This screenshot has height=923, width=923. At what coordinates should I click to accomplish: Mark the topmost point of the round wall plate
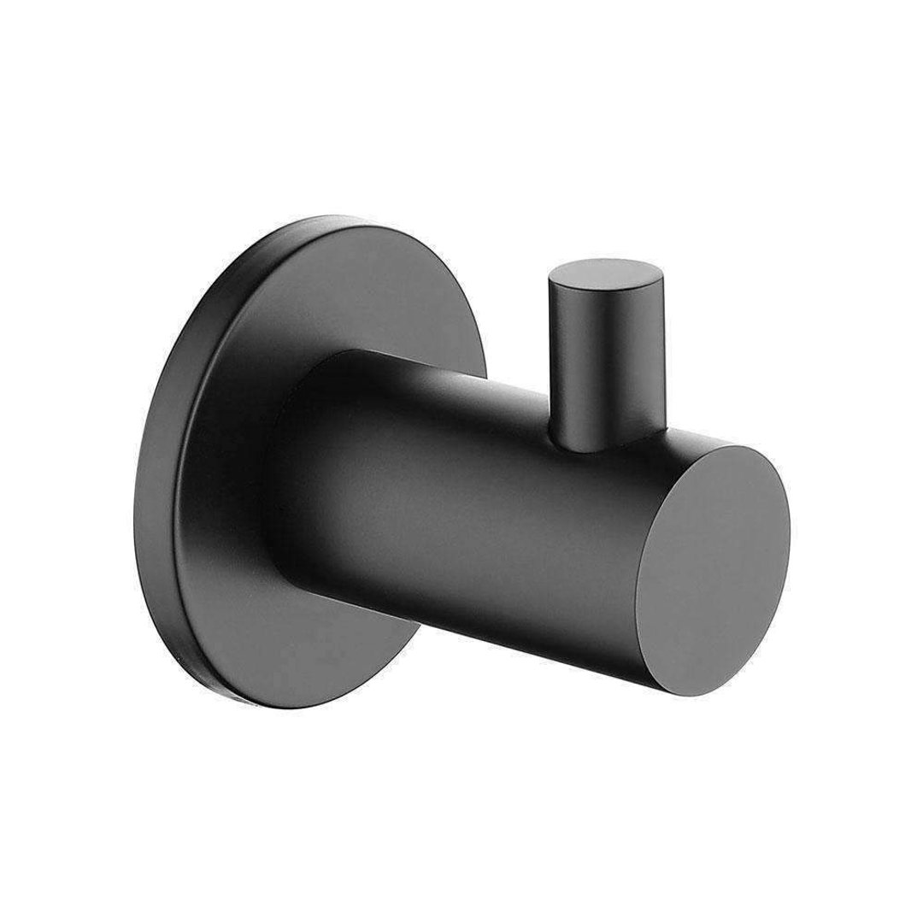pyautogui.click(x=342, y=220)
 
